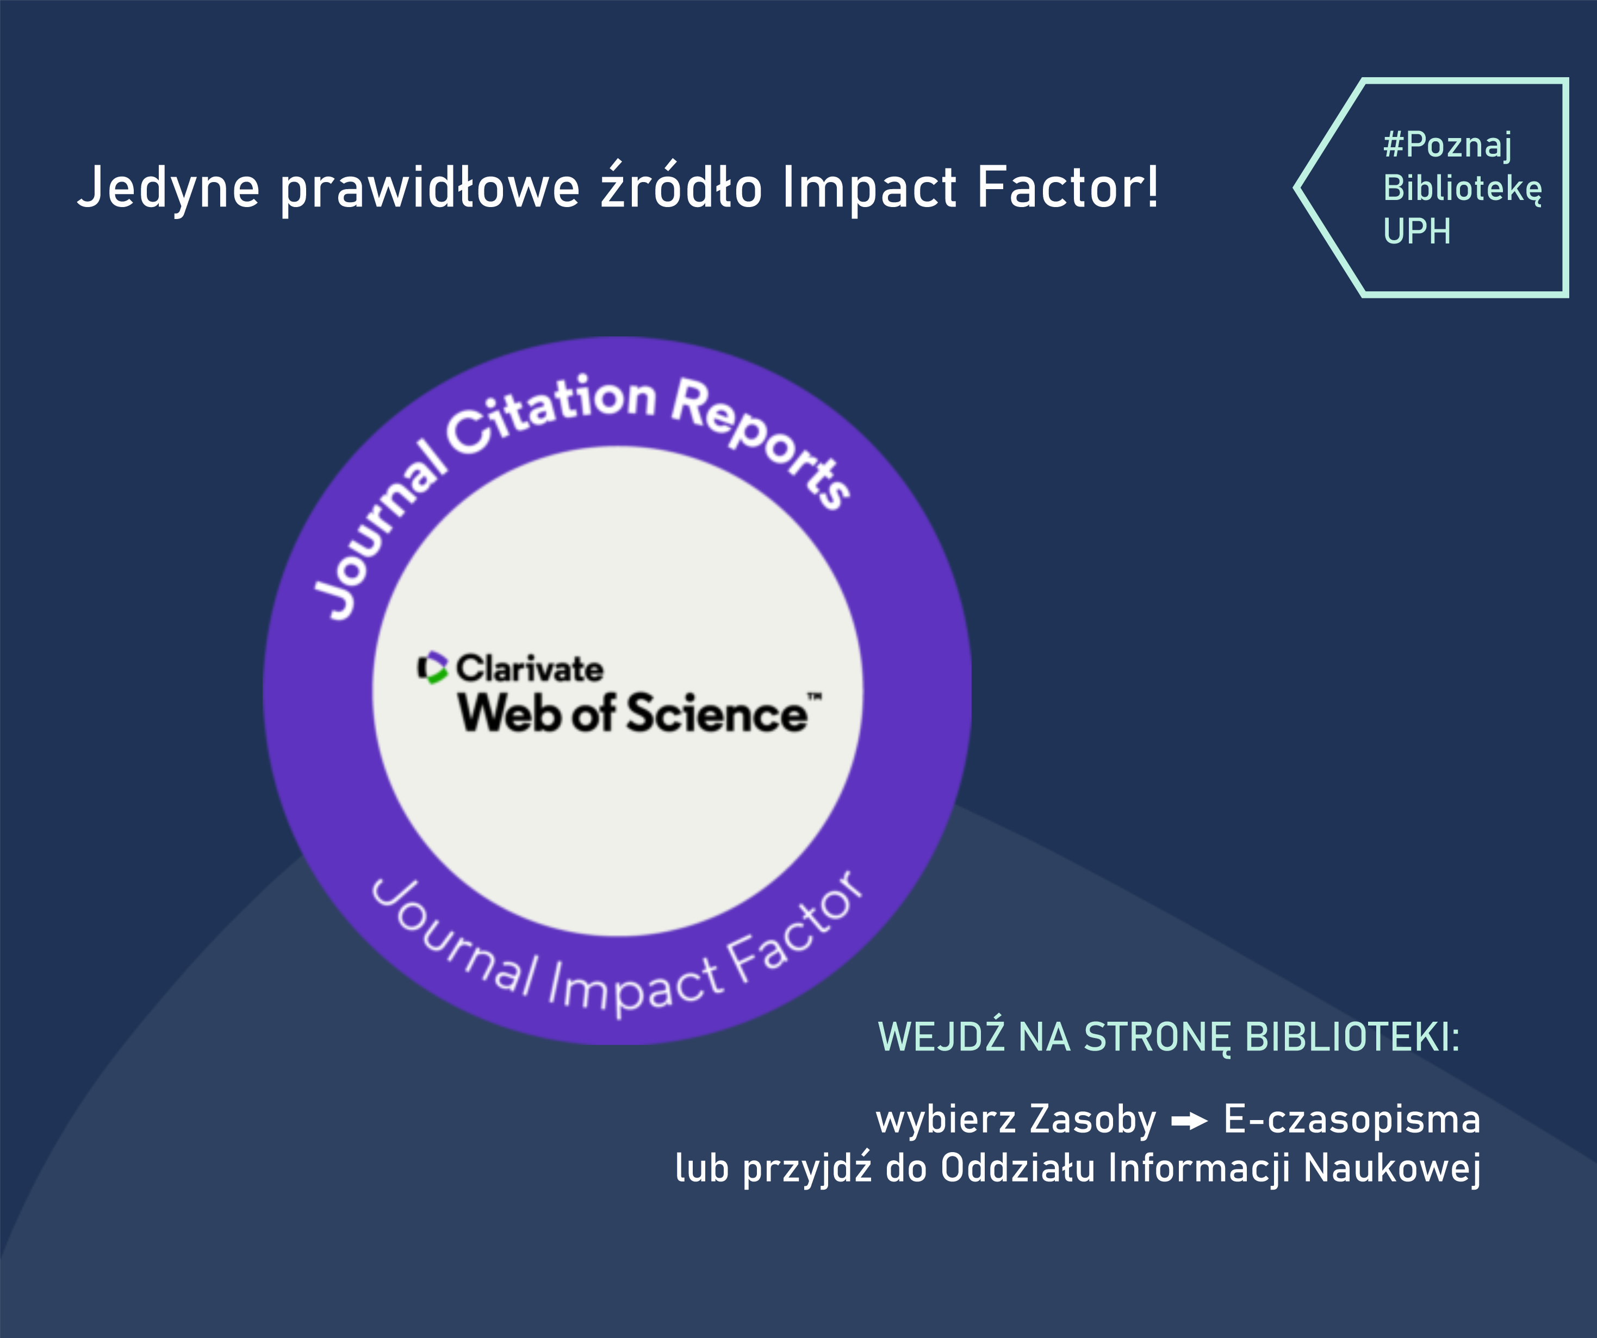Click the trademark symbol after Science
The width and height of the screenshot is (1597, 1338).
815,696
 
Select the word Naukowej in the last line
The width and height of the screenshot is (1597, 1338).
1391,1168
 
